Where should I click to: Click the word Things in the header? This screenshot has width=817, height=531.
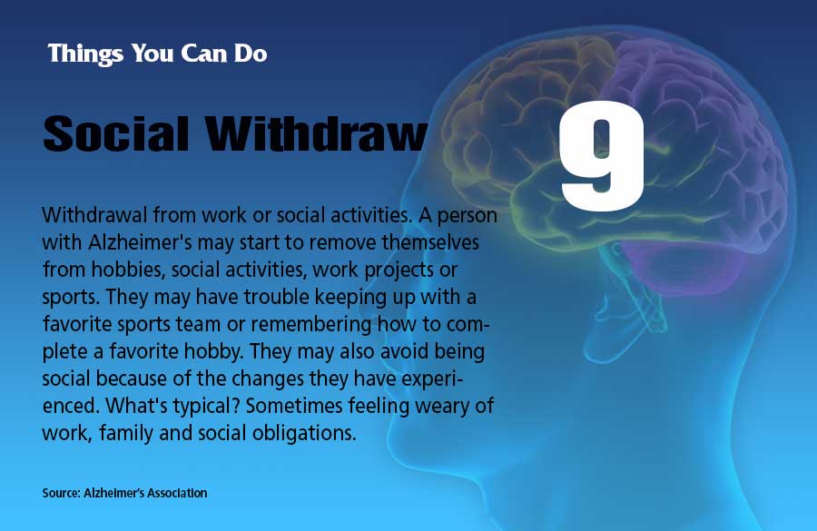coord(85,54)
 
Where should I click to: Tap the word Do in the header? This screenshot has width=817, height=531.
coord(251,54)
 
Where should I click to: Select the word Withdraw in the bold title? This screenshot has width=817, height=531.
coord(316,133)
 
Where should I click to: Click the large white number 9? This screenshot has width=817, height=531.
coord(603,156)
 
